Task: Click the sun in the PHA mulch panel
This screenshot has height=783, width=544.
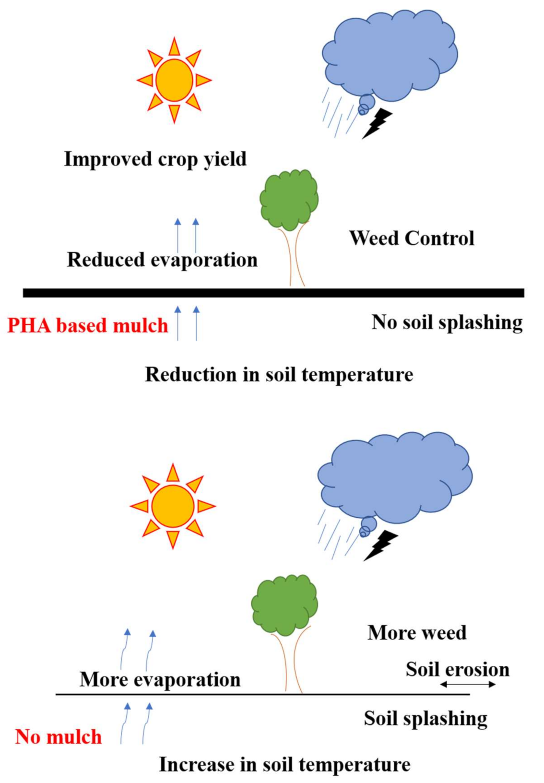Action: pos(174,80)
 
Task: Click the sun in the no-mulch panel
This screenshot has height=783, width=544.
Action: pos(173,506)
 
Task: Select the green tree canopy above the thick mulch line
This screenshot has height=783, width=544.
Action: pos(289,199)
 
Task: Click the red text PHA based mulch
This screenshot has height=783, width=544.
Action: pos(88,325)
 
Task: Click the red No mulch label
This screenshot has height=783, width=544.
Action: pos(59,736)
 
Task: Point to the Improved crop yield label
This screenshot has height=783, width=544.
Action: pos(155,159)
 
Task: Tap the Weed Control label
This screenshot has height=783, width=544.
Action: pos(412,238)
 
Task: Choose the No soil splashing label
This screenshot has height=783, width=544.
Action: pos(447,322)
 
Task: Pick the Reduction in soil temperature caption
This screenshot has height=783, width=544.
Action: pos(279,374)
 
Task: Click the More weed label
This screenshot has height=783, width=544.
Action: pos(417,632)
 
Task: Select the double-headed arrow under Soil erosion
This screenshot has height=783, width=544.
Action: pos(468,684)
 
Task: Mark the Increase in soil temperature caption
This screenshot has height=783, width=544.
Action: pos(284,764)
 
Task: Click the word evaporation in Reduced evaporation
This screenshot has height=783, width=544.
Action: pos(204,260)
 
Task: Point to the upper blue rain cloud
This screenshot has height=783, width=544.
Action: pos(390,55)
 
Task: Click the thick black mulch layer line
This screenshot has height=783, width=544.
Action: pos(273,293)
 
